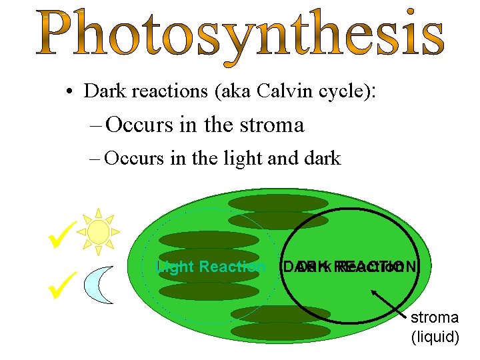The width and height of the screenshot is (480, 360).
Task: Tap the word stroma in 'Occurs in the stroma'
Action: coord(274,125)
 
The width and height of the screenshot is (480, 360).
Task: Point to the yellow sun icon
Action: coord(98,231)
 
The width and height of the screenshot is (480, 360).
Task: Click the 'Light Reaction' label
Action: coord(210,267)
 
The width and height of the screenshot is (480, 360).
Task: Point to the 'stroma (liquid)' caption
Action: coord(435,327)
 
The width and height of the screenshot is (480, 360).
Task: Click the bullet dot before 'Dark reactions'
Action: coord(69,93)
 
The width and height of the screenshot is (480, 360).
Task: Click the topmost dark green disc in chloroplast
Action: coord(269,203)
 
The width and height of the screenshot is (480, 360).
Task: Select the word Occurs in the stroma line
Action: coord(138,125)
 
